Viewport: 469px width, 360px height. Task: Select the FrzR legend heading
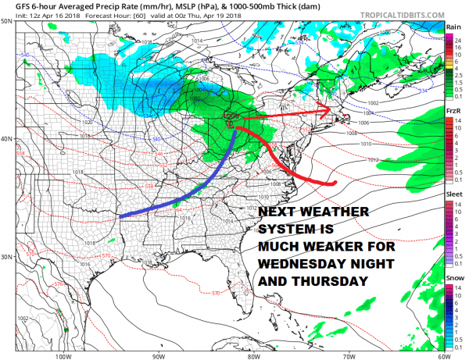[453, 112]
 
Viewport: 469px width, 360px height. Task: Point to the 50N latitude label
[7, 21]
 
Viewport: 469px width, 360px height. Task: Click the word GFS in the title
[12, 6]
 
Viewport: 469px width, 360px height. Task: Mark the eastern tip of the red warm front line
[335, 184]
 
